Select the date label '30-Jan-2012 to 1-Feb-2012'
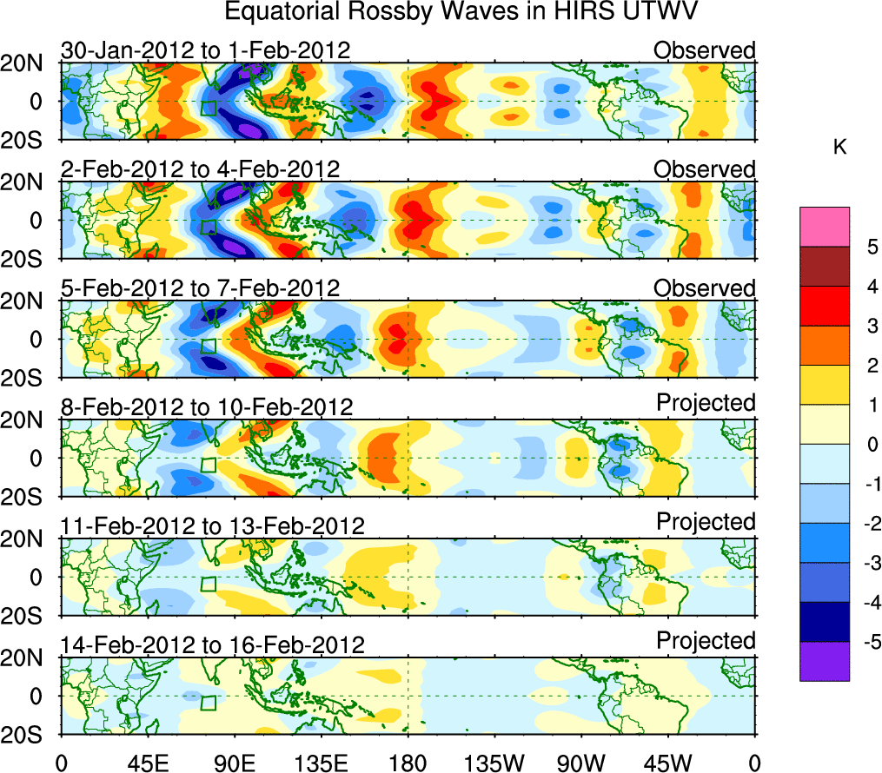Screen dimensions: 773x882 tap(205, 50)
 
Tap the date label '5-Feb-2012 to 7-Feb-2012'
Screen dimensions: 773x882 tap(200, 288)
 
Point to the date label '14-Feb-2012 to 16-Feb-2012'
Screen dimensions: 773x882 tap(211, 645)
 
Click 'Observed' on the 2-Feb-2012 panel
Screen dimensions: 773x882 tap(705, 169)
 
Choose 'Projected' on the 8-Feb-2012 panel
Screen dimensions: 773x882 tap(706, 402)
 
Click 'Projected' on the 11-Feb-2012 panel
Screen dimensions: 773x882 tap(706, 521)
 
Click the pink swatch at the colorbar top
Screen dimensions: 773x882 tap(825, 227)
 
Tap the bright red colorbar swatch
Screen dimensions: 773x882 tap(825, 306)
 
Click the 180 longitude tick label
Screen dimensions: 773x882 tap(408, 763)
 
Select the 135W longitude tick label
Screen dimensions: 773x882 tap(494, 763)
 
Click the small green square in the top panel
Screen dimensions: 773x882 tap(208, 108)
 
